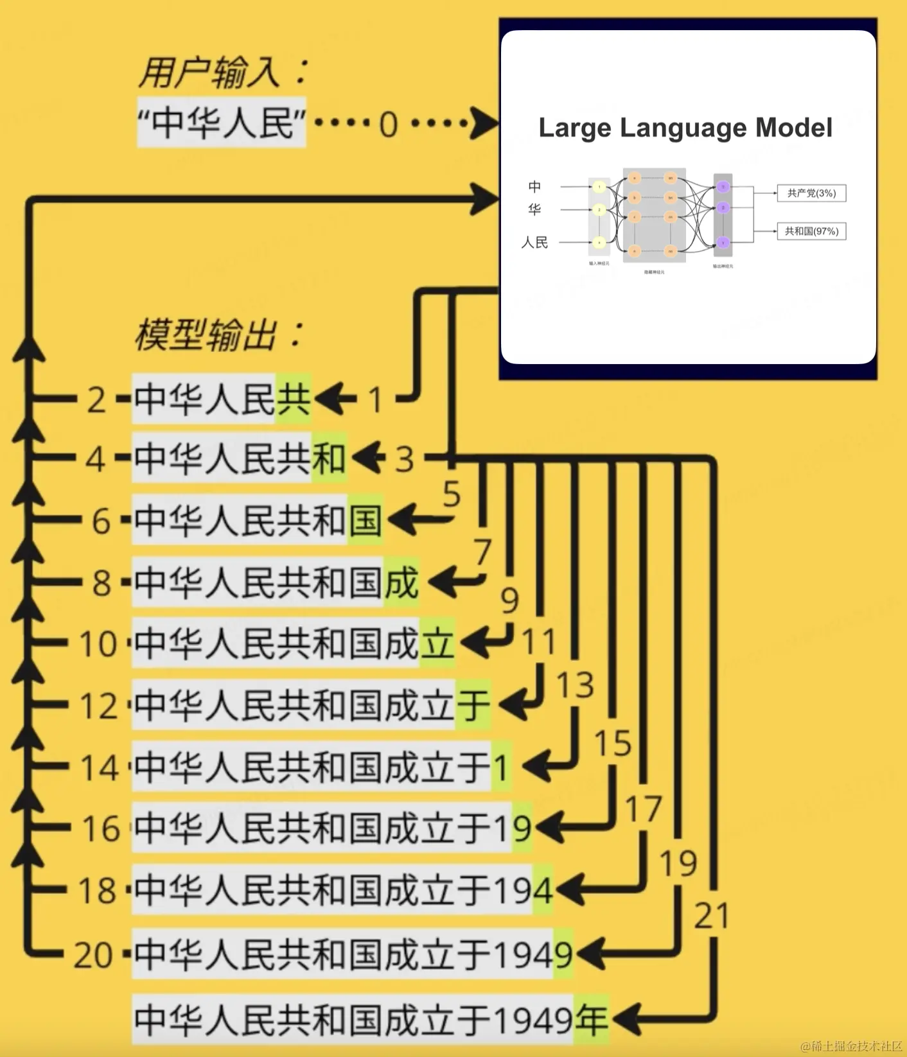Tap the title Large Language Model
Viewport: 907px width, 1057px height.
pos(685,128)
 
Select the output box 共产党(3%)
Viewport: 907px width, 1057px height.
pos(811,193)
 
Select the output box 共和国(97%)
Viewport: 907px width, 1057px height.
pos(811,231)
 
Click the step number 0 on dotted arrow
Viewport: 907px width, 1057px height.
pos(388,124)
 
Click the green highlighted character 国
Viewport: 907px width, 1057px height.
pos(365,520)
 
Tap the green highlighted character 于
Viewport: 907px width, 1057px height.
pos(473,705)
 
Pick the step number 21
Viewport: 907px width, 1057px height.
pos(711,916)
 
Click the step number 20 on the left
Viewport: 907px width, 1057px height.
pos(93,955)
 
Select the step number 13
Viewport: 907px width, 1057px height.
pos(575,685)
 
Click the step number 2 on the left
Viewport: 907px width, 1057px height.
pos(96,400)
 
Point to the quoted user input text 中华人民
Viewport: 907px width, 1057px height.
pos(222,123)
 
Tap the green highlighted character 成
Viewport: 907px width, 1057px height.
pos(401,582)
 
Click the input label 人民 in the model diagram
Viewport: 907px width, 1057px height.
pos(534,243)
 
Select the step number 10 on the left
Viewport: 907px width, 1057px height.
pos(98,643)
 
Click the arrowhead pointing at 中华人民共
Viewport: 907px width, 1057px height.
pos(329,399)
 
